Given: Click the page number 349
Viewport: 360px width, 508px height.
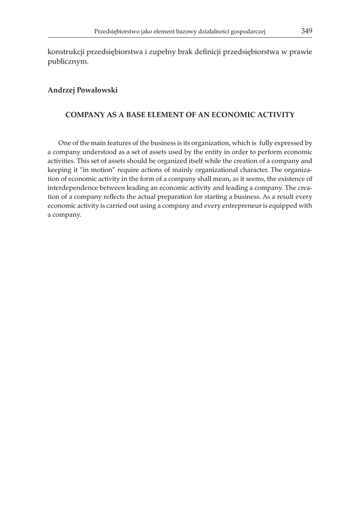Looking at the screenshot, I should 306,31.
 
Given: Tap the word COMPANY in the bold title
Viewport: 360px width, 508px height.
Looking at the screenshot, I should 85,115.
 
